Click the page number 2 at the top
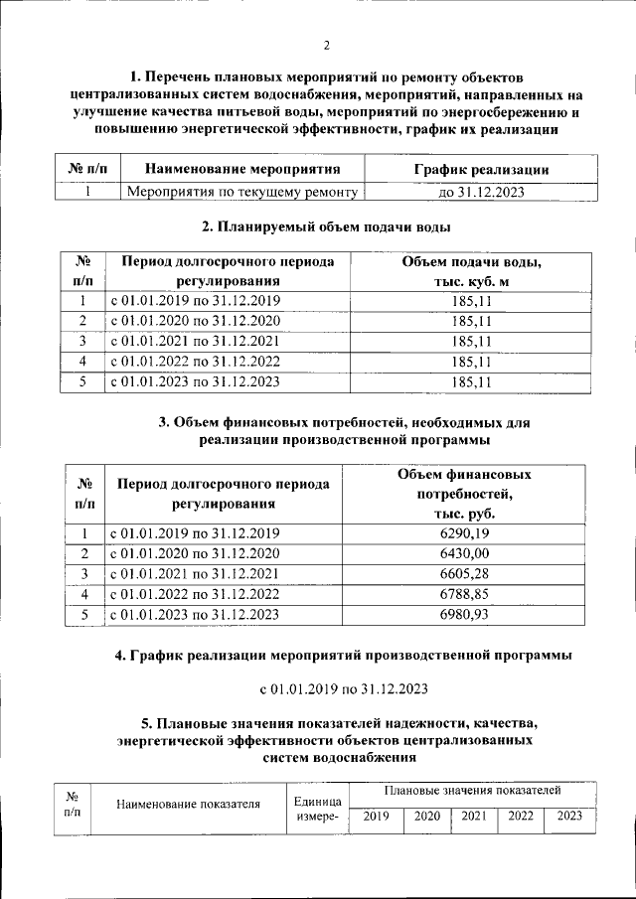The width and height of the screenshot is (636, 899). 326,45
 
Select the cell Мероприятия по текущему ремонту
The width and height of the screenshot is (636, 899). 241,192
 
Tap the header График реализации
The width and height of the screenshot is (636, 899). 481,170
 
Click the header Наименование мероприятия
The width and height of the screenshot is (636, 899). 242,170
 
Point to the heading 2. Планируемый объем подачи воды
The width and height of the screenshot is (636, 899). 326,228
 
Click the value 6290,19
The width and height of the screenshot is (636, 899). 470,533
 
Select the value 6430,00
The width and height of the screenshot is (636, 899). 470,553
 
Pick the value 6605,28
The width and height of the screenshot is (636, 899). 470,574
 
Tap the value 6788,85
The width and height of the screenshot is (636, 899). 470,594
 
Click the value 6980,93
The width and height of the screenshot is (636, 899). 470,615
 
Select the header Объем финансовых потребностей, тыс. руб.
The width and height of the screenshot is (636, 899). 470,494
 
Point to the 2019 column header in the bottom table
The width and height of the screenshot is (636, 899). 376,817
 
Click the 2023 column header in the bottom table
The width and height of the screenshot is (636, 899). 569,817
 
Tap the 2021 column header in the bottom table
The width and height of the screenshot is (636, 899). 474,817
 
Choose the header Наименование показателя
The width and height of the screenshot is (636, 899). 188,805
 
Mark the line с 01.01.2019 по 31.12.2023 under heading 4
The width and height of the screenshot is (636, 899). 343,687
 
